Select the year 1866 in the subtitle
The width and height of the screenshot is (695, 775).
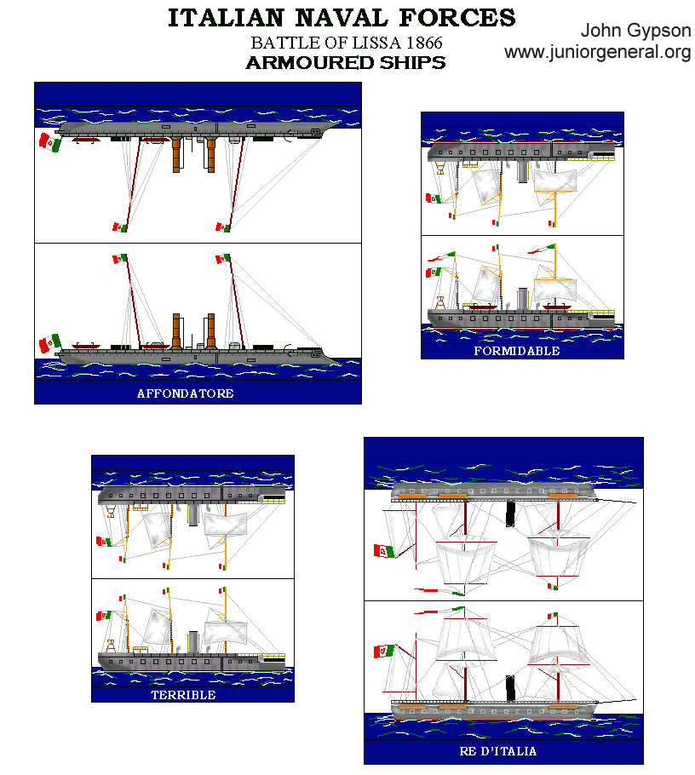pos(422,43)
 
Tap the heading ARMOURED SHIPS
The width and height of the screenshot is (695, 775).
pos(345,63)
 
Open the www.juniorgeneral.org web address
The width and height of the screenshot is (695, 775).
pos(597,53)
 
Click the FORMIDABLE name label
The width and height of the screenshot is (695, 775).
pos(517,351)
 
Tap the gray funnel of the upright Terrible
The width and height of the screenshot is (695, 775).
pos(194,641)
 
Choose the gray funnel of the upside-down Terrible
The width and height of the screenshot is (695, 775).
pos(194,515)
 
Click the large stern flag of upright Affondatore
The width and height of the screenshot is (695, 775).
pos(48,343)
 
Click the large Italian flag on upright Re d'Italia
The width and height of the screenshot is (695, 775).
pos(384,652)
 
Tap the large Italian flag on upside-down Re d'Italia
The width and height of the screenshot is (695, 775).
pos(384,551)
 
